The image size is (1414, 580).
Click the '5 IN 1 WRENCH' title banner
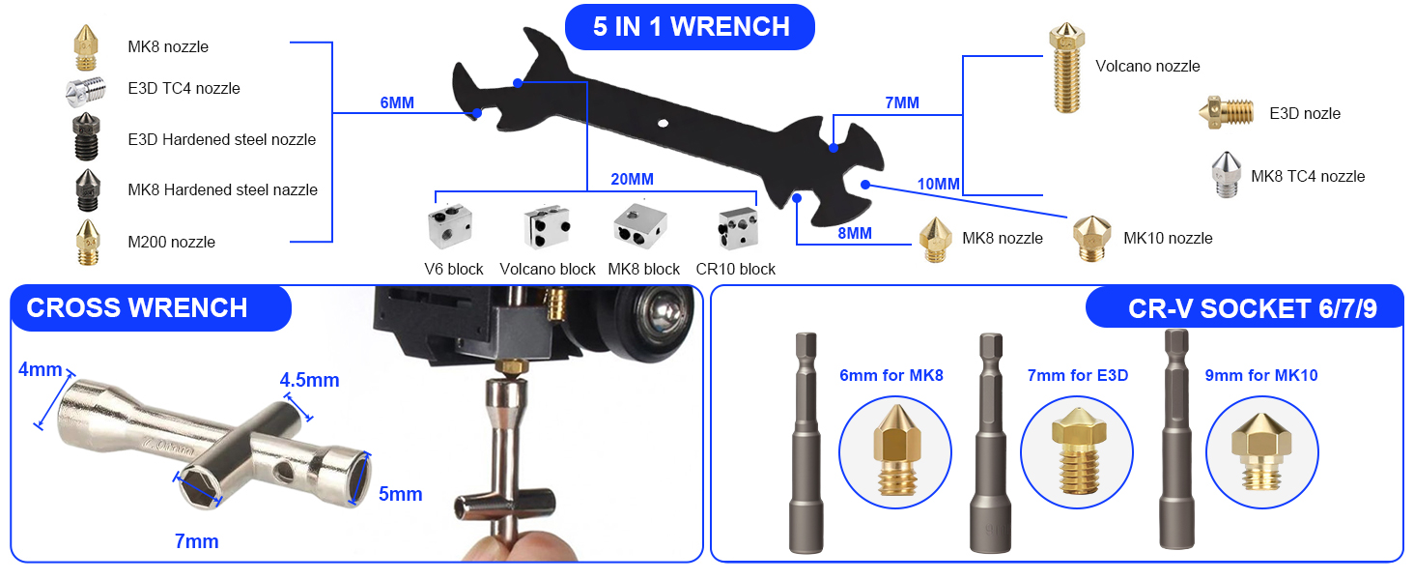(690, 26)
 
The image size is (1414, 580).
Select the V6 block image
(451, 226)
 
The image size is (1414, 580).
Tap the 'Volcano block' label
(548, 269)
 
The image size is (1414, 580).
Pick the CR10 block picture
(737, 226)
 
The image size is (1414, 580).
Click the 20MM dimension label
(632, 179)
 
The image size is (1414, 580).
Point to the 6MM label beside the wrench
(397, 102)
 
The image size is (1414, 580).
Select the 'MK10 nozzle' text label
(1167, 238)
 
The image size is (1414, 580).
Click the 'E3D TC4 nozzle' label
(184, 88)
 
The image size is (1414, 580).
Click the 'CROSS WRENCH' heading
(137, 307)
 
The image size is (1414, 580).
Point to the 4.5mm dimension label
(309, 380)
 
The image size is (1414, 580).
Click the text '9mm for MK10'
(1260, 375)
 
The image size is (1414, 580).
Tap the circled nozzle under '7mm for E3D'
(1076, 452)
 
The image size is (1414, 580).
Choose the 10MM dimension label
(938, 184)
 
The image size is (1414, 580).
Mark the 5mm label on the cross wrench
(400, 494)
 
